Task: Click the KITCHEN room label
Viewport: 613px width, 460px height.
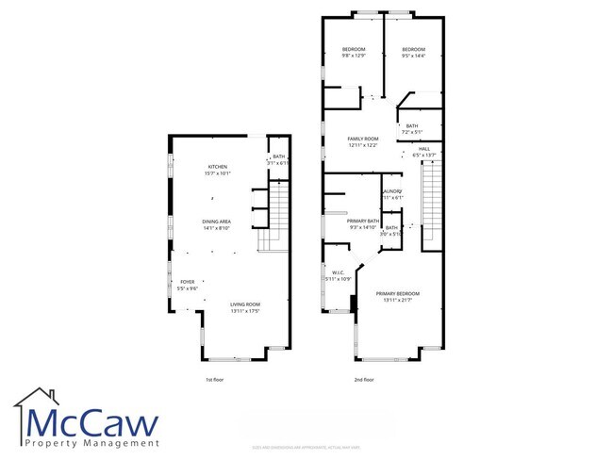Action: [x=218, y=167]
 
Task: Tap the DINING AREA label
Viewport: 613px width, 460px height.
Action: [x=218, y=222]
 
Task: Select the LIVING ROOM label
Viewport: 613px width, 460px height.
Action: [x=245, y=304]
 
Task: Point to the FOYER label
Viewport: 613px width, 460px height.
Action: [x=188, y=282]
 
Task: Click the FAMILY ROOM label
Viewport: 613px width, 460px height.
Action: [x=363, y=140]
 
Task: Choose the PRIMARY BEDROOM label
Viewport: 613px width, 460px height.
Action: [x=397, y=294]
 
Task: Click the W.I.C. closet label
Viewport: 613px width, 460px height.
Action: [x=338, y=273]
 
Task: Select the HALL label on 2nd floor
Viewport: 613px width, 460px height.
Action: [x=424, y=149]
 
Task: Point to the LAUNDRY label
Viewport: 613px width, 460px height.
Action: [x=393, y=192]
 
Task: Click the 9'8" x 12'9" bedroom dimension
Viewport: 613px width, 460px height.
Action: [x=354, y=56]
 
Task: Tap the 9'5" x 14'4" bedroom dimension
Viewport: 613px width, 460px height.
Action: [x=413, y=56]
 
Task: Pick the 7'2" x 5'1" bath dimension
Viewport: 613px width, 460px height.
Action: [x=412, y=132]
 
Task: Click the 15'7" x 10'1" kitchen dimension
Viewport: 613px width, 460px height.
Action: [x=218, y=173]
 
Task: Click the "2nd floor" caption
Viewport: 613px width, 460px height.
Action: [x=364, y=379]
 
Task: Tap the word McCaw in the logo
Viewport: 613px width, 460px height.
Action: [x=94, y=420]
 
